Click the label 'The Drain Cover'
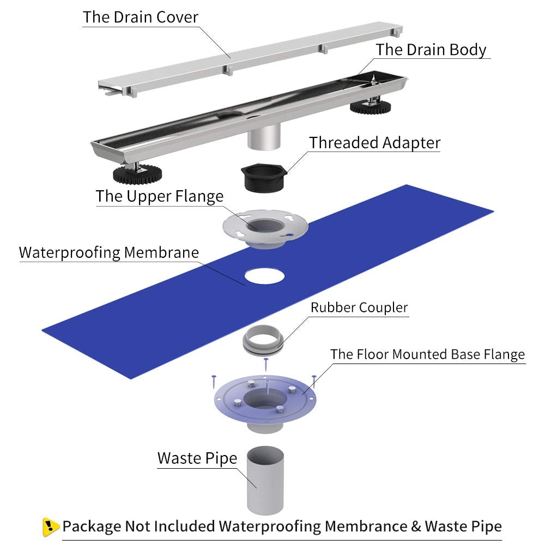point(141,16)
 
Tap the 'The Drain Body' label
point(431,50)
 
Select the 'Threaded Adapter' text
point(375,143)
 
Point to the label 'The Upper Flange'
point(160,196)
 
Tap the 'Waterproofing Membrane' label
point(109,253)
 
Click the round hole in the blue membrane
point(264,276)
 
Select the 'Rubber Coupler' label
point(359,307)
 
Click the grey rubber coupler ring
point(262,341)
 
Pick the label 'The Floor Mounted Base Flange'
point(427,354)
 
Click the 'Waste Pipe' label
point(197,458)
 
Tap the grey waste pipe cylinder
point(265,480)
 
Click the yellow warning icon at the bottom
point(51,526)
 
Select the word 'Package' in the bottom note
point(92,526)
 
